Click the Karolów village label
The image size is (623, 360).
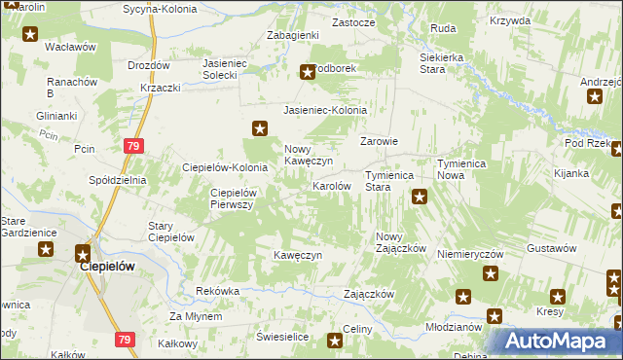click(331, 185)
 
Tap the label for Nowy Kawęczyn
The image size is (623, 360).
click(310, 156)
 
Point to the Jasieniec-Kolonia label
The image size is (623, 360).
click(325, 110)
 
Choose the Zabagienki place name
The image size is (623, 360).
click(294, 35)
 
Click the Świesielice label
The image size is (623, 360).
click(282, 336)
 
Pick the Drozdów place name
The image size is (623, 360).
click(149, 65)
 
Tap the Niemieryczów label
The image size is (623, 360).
click(470, 253)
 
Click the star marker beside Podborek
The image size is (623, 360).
click(308, 71)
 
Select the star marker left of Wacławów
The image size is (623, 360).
click(30, 35)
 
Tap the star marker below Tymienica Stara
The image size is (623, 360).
click(420, 198)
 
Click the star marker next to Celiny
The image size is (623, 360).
click(335, 340)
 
